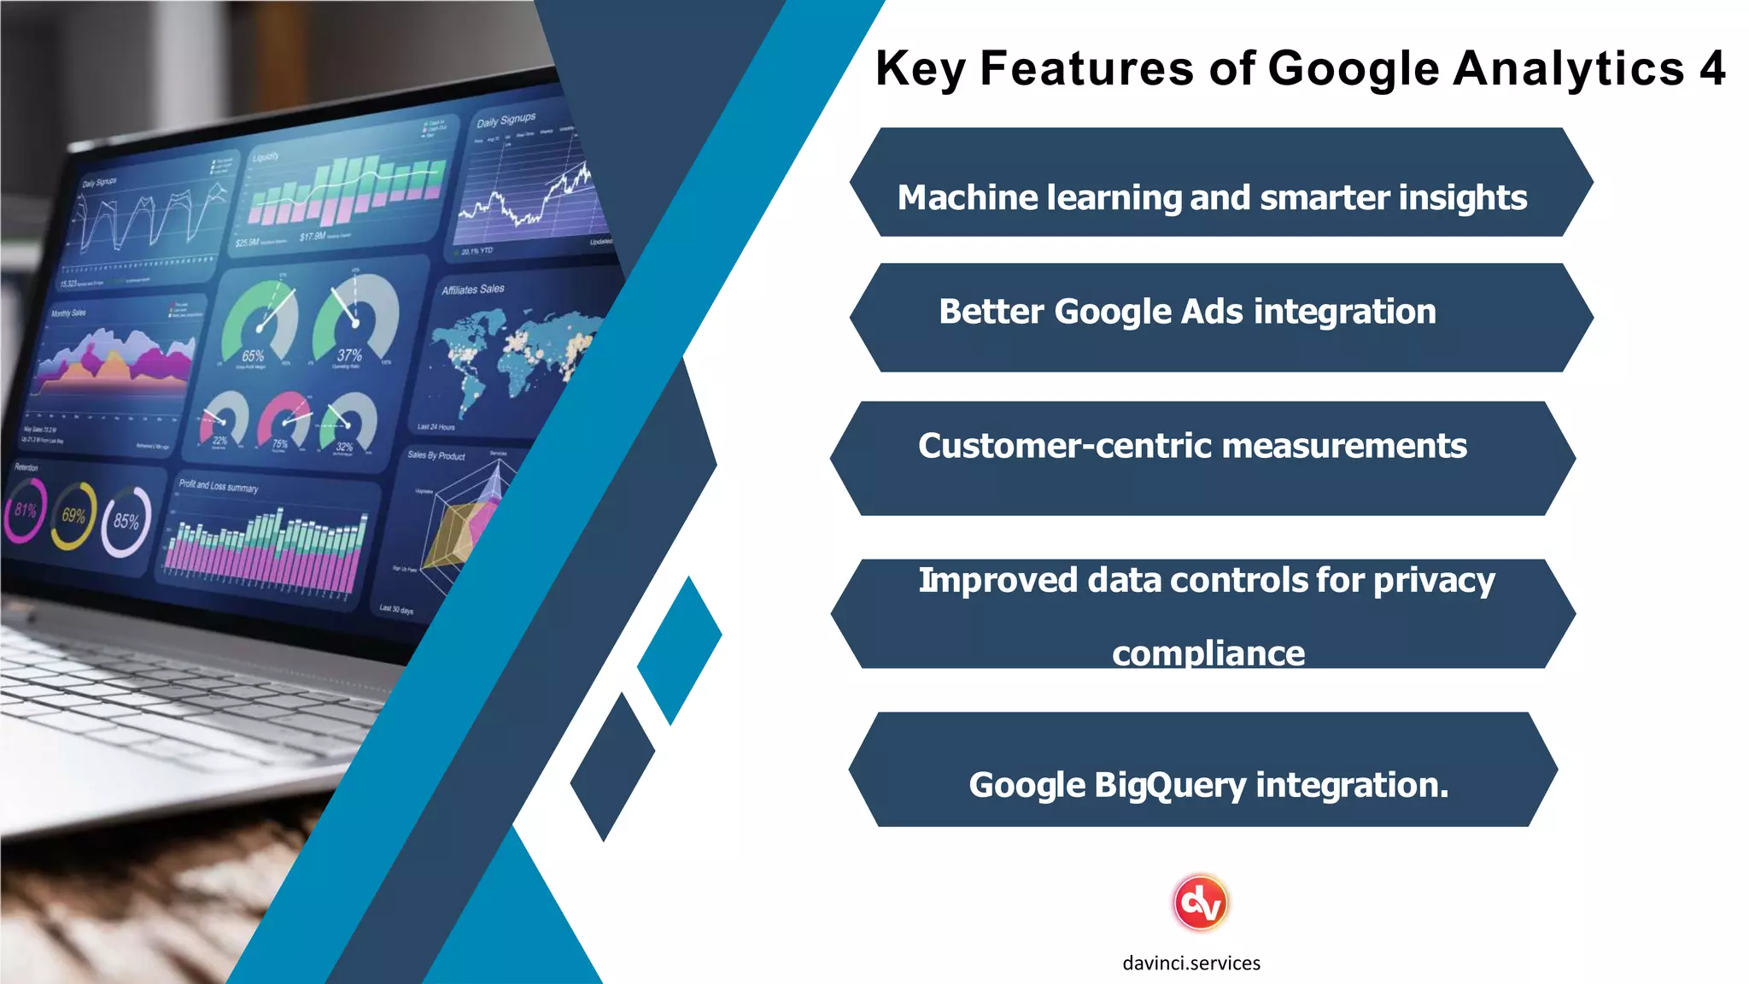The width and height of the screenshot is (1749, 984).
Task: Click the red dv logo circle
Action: click(x=1200, y=903)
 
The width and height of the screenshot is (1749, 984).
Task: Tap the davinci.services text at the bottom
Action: click(x=1190, y=963)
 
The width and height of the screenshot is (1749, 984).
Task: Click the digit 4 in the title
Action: click(x=1711, y=68)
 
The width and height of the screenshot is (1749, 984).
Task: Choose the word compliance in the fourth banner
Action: click(x=1208, y=653)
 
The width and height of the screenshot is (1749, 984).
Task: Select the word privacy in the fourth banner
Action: click(x=1434, y=582)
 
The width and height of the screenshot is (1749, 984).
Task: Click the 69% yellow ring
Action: click(x=73, y=516)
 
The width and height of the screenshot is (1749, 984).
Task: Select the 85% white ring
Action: click(x=126, y=521)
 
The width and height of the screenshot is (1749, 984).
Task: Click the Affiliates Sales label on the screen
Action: click(x=472, y=290)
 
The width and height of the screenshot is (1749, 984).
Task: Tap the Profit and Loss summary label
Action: click(x=218, y=486)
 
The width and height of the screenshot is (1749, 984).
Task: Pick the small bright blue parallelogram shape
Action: click(x=680, y=649)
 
